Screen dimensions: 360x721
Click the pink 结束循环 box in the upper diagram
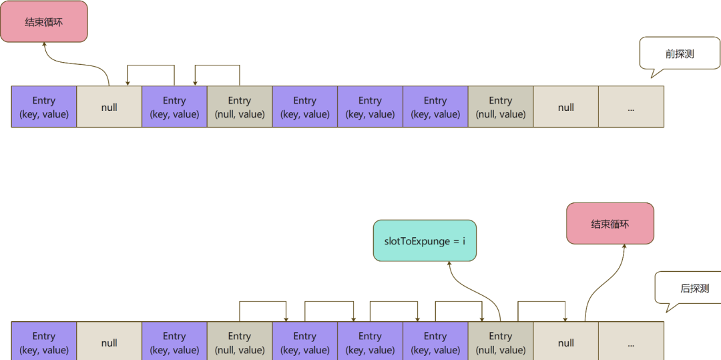(44, 21)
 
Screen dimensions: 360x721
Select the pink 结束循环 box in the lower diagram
(610, 223)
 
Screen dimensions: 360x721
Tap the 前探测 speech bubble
(679, 53)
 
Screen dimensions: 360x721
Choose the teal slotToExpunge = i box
(425, 240)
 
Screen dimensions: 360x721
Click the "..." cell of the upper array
(631, 107)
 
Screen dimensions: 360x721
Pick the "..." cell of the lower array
(631, 342)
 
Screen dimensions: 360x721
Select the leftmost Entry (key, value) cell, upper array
(44, 107)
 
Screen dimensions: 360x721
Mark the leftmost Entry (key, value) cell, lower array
(44, 342)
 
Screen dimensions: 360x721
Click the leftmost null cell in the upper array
(109, 107)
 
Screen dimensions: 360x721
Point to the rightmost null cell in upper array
(565, 107)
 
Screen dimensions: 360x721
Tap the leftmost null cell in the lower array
(109, 342)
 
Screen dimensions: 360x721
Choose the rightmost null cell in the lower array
(565, 342)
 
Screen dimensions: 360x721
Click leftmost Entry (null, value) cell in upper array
(239, 107)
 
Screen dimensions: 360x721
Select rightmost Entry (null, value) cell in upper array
(500, 107)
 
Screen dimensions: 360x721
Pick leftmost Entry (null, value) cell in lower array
(239, 342)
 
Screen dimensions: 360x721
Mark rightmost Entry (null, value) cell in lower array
(500, 342)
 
